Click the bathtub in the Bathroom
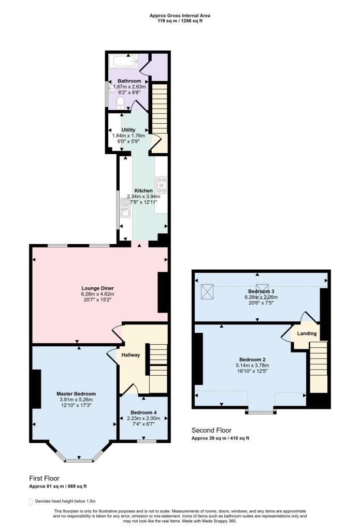click(x=124, y=62)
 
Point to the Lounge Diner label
click(x=97, y=288)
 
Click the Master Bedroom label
click(x=76, y=393)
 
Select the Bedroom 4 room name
click(x=143, y=413)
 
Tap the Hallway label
click(x=131, y=355)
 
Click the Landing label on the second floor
click(x=306, y=333)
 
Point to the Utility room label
click(x=128, y=130)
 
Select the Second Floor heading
click(x=211, y=430)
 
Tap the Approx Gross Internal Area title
click(x=180, y=16)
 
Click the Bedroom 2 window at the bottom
click(x=261, y=413)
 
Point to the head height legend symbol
click(x=31, y=502)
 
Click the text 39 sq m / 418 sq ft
click(x=228, y=438)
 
